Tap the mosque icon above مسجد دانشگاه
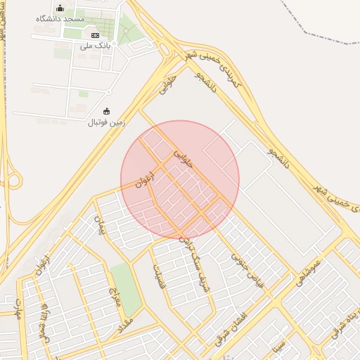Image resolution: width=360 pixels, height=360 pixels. point(60,8)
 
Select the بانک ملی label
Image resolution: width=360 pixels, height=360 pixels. point(96,46)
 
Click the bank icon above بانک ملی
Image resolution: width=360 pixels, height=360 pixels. point(96,35)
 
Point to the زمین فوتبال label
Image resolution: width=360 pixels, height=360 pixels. point(105,122)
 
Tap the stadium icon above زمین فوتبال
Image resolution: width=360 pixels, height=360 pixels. point(106,111)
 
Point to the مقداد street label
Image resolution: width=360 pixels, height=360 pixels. point(127,321)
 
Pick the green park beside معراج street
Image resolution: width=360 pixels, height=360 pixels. point(126,288)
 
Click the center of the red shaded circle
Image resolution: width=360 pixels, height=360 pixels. point(180,179)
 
